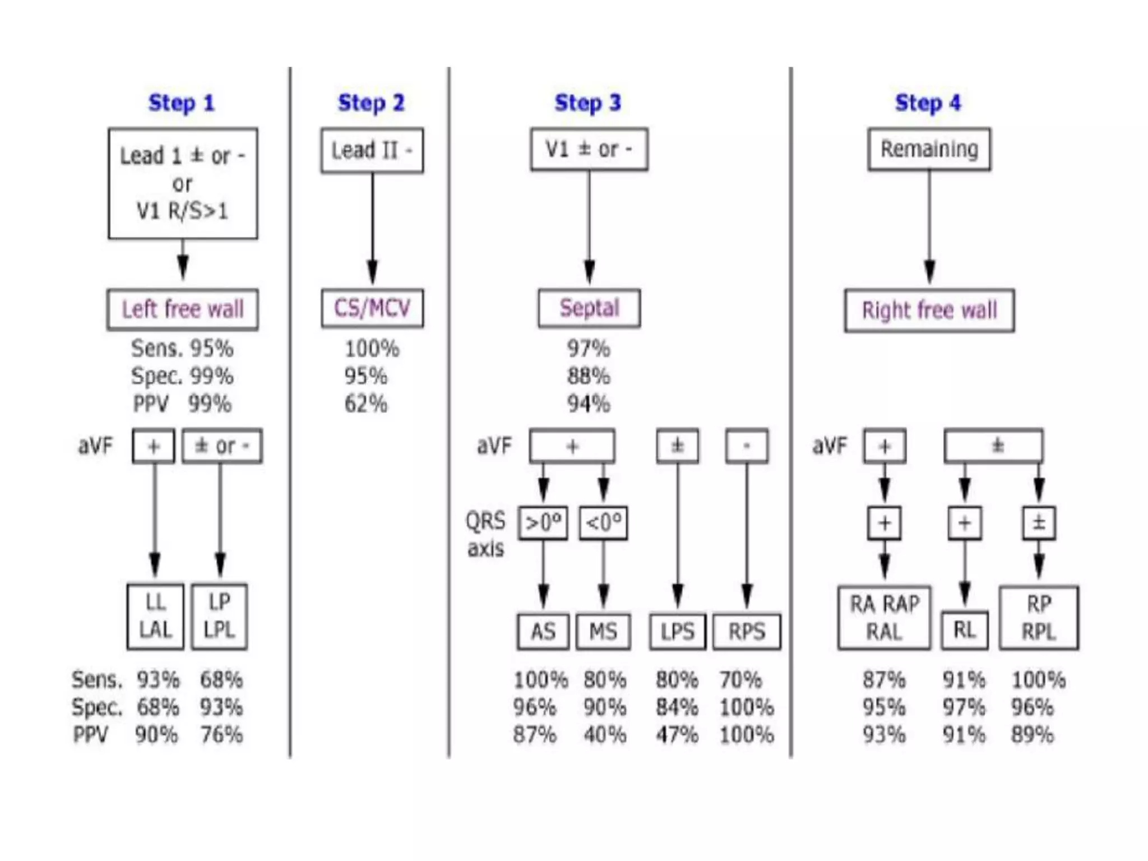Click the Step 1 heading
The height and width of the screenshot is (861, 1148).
[181, 103]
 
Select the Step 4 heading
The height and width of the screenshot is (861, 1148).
[928, 103]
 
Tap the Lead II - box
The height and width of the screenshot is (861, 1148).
[372, 150]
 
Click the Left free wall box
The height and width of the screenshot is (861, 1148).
[183, 309]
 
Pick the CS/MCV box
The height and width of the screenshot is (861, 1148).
[372, 308]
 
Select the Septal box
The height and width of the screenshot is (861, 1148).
[589, 308]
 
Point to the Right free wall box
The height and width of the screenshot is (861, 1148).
[929, 311]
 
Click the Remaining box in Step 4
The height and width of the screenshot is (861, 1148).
[929, 149]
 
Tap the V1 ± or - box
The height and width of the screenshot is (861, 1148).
[589, 149]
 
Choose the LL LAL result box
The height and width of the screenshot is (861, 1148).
[155, 617]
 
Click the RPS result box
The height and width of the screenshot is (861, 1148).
[747, 632]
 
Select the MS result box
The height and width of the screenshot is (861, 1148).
[603, 632]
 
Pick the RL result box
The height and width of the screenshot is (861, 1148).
[964, 630]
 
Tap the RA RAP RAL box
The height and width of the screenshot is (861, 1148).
[884, 618]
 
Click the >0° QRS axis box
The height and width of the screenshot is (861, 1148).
[543, 523]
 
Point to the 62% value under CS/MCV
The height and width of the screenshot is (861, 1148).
[365, 404]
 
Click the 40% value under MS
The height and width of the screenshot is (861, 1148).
[604, 734]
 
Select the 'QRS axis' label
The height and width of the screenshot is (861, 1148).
[485, 535]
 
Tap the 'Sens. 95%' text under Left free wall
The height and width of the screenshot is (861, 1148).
[182, 349]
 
